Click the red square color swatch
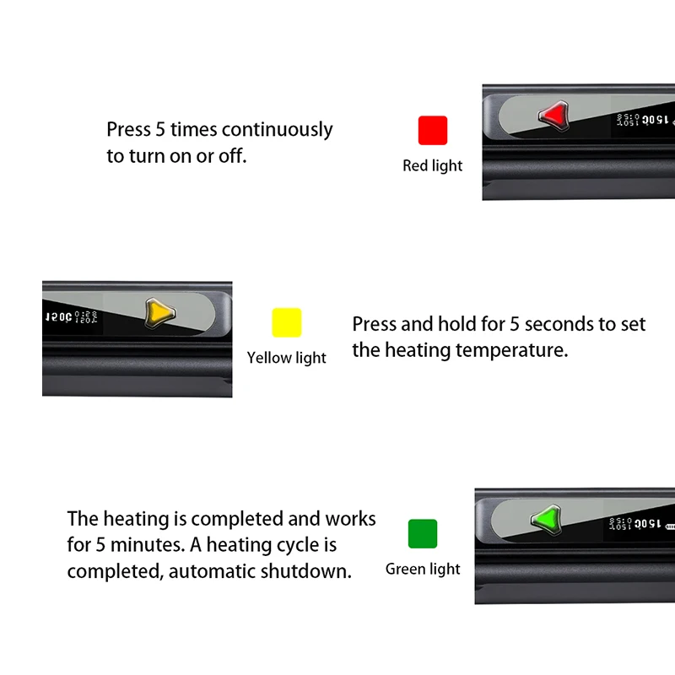pos(433,131)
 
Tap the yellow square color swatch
pos(286,322)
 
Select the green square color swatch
pos(423,534)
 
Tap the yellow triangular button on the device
pos(159,313)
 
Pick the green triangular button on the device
pos(546,517)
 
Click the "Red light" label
pos(433,166)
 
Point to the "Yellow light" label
pos(286,358)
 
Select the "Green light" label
pos(423,570)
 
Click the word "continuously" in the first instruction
pos(278,130)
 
